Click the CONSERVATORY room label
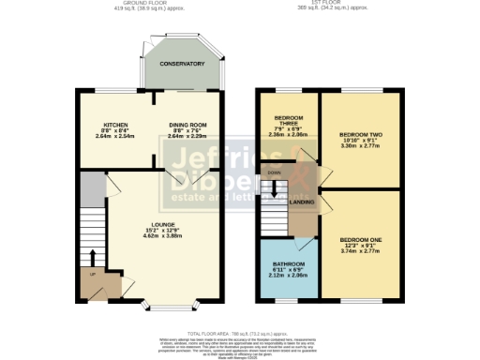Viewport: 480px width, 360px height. pos(181,64)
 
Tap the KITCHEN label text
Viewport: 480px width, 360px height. pos(115,125)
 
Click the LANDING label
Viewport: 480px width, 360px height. pos(301,202)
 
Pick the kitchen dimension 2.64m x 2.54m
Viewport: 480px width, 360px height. pos(115,136)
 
